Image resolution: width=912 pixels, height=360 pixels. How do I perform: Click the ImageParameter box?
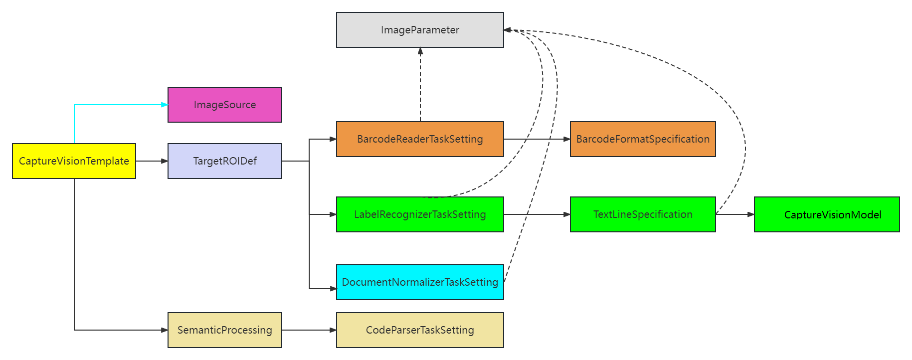pos(420,30)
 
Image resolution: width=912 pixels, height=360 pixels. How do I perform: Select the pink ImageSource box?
pos(224,105)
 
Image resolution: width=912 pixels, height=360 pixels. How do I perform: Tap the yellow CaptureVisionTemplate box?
pos(74,161)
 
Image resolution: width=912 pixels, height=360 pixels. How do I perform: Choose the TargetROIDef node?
pos(224,161)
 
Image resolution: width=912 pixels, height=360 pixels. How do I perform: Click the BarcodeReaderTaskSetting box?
pos(420,139)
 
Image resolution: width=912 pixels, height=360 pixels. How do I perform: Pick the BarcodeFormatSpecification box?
pos(643,139)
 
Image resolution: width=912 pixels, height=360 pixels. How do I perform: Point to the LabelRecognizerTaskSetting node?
pos(420,214)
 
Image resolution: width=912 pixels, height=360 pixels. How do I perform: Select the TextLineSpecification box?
pos(643,214)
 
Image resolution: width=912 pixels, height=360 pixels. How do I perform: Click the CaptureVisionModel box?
pos(827,214)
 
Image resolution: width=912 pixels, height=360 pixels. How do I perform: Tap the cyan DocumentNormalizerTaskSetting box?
pos(420,282)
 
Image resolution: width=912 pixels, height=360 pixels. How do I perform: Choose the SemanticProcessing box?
pos(224,330)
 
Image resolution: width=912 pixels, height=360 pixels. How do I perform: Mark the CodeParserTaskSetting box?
pos(420,330)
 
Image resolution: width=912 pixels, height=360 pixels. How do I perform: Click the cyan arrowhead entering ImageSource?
pos(165,105)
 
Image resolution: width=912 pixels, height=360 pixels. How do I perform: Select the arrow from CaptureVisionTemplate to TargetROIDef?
pos(152,161)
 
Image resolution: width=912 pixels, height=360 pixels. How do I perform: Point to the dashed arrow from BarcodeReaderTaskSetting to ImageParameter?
pos(420,85)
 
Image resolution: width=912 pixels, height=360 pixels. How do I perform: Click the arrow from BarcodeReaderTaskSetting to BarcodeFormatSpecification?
pos(537,139)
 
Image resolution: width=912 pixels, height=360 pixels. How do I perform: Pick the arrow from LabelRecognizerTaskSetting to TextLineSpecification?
pos(537,214)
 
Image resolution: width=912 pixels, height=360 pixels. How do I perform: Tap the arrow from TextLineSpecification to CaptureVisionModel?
pos(734,214)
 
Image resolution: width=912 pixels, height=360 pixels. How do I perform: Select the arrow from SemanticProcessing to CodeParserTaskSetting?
pos(309,330)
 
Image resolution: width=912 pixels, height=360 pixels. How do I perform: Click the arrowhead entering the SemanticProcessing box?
pos(165,330)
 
